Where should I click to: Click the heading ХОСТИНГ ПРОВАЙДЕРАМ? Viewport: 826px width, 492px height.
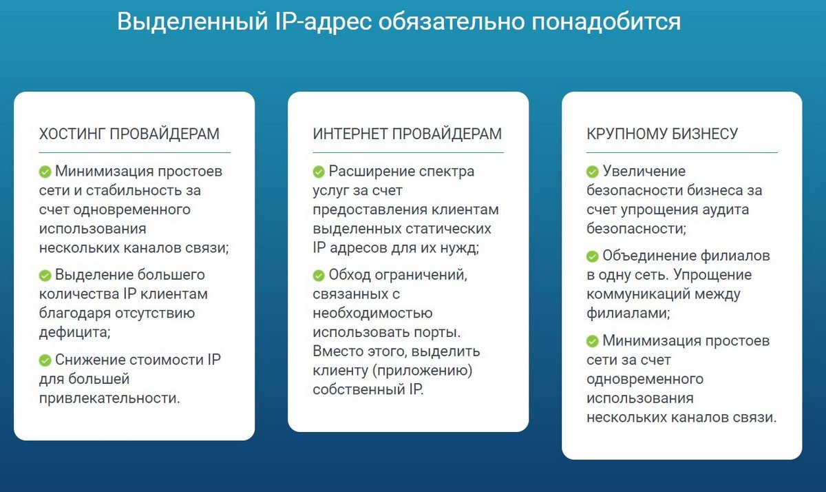[x=129, y=134]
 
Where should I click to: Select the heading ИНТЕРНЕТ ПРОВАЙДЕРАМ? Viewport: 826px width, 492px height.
[x=407, y=134]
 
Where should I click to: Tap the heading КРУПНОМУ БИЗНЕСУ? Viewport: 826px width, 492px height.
[x=662, y=134]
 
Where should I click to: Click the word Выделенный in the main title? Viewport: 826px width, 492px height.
[x=192, y=21]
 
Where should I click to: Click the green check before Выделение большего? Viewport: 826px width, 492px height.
[x=45, y=276]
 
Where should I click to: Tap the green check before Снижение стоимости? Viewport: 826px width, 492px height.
[x=45, y=360]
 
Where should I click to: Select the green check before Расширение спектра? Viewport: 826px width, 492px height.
[x=319, y=172]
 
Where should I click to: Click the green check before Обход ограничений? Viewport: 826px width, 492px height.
[x=319, y=276]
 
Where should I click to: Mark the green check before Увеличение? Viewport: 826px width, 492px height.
[x=592, y=172]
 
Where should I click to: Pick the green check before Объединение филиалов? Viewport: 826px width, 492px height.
[x=592, y=256]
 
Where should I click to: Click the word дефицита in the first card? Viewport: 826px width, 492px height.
[x=75, y=333]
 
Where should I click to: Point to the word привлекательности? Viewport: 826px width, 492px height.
[x=109, y=398]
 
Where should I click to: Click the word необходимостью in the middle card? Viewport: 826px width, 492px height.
[x=372, y=314]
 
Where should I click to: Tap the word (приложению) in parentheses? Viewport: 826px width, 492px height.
[x=422, y=371]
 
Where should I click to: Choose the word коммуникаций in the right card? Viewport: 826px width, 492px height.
[x=639, y=294]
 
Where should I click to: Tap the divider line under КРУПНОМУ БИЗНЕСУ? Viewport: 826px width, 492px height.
[x=682, y=152]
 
